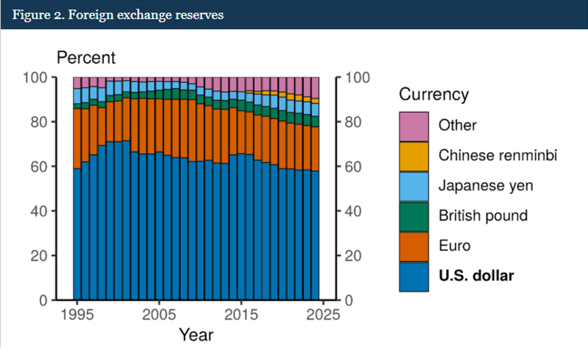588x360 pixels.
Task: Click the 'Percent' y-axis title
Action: point(86,58)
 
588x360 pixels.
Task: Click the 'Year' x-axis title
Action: point(196,334)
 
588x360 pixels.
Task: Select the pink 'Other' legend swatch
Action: point(414,126)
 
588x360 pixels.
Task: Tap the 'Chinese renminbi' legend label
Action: point(498,155)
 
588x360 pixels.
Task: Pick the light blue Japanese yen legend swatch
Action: point(414,187)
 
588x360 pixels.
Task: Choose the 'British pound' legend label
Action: point(483,216)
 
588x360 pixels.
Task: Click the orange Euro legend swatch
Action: point(414,246)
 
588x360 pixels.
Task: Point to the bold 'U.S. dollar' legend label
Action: point(476,276)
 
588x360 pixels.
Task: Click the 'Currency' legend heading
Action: point(434,94)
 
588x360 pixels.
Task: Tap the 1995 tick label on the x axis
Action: point(77,315)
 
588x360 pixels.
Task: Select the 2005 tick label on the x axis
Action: point(159,315)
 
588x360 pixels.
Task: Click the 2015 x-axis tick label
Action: point(241,315)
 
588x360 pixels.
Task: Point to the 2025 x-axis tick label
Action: point(323,315)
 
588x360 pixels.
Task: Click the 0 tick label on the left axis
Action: point(44,300)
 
